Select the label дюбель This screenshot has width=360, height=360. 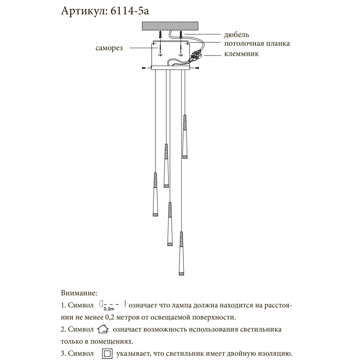click(x=237, y=35)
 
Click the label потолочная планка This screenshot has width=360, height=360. click(x=257, y=44)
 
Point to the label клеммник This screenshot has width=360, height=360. click(x=241, y=54)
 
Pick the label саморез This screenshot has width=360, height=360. click(x=109, y=48)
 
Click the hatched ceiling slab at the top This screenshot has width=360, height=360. click(x=170, y=26)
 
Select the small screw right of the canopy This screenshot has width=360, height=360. click(x=197, y=67)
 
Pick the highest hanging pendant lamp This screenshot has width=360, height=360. click(x=185, y=137)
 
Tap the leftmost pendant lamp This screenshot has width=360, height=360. click(x=155, y=194)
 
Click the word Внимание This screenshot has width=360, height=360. click(x=79, y=293)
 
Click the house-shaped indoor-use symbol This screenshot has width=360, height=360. click(x=103, y=329)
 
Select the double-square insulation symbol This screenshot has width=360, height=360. click(x=108, y=354)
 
